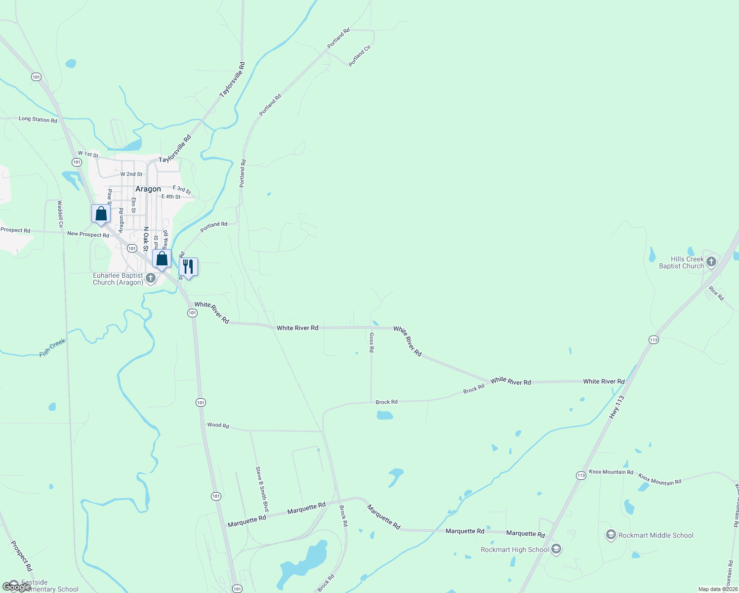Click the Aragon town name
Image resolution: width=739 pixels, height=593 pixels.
click(x=148, y=189)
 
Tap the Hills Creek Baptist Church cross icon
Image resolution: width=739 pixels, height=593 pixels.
click(x=711, y=262)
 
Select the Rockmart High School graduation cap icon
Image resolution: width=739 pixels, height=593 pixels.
click(x=556, y=550)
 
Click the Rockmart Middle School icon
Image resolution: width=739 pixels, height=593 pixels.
click(x=611, y=535)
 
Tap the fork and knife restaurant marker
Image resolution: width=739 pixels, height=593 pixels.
click(x=188, y=267)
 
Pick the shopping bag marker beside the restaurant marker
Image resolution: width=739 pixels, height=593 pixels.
click(x=162, y=258)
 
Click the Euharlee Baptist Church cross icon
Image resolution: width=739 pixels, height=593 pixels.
click(x=151, y=278)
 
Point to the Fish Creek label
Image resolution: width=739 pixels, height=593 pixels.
click(x=52, y=347)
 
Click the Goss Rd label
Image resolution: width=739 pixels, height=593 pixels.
click(x=371, y=342)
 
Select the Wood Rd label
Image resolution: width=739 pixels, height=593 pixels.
click(x=218, y=425)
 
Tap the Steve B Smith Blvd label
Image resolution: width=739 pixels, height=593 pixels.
click(x=262, y=489)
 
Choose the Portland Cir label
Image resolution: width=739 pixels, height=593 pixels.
click(x=360, y=56)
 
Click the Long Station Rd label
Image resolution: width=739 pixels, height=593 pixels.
click(x=38, y=120)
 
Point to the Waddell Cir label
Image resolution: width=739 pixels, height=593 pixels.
click(x=60, y=213)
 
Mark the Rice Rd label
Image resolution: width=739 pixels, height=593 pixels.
click(x=716, y=294)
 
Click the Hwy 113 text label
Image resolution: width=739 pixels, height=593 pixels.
click(x=617, y=407)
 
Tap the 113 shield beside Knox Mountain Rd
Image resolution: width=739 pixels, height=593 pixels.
click(x=581, y=475)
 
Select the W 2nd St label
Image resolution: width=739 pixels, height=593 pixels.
click(x=131, y=174)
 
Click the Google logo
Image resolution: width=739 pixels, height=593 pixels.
click(x=17, y=587)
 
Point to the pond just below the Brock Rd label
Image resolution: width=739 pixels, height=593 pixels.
click(x=385, y=415)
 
